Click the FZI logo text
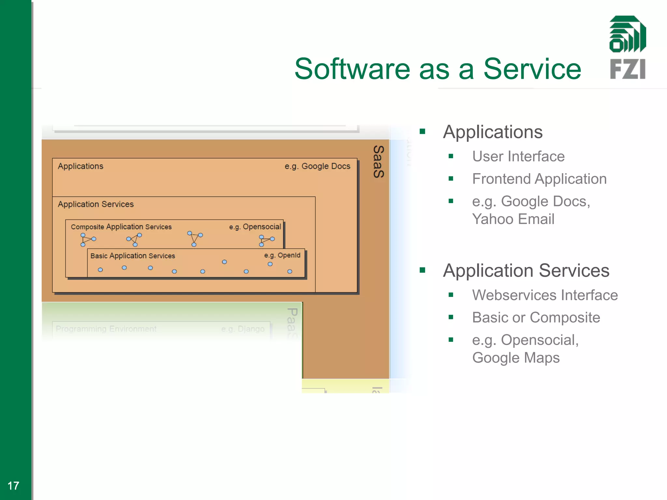click(628, 69)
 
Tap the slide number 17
click(13, 486)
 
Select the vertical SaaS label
click(378, 162)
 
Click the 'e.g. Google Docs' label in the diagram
click(317, 166)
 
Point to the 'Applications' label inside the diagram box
click(80, 166)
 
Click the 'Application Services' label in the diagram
click(96, 204)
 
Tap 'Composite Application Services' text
click(121, 227)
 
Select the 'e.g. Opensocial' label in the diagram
click(255, 227)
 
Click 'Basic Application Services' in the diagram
click(133, 256)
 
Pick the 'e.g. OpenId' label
click(282, 256)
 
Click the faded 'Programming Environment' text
click(106, 329)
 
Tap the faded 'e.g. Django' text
click(243, 329)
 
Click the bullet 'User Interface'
click(518, 157)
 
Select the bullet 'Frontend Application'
click(539, 179)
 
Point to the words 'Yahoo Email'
click(513, 219)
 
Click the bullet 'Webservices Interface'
click(545, 295)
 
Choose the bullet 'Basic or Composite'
click(536, 318)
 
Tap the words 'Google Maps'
click(516, 358)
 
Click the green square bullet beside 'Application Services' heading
click(422, 270)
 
